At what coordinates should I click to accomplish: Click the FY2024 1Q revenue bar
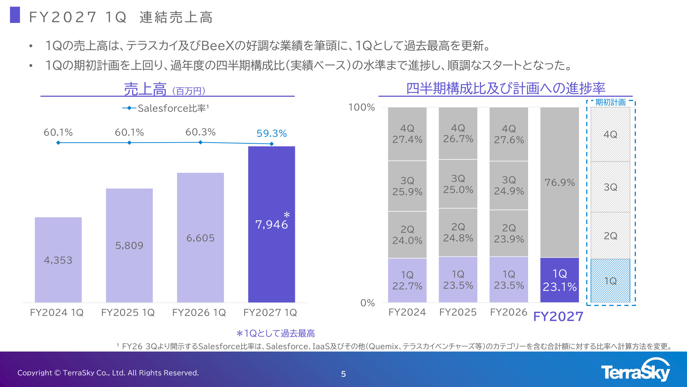click(58, 259)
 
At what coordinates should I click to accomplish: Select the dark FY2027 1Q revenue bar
click(272, 224)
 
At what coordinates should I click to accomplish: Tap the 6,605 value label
click(200, 238)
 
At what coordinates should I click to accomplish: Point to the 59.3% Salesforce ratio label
click(272, 133)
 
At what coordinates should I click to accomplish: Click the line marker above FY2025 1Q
click(130, 143)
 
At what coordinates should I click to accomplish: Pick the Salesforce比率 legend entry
click(166, 108)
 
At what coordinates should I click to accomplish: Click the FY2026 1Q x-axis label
click(199, 312)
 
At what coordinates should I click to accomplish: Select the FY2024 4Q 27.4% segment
click(407, 134)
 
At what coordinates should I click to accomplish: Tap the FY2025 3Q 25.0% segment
click(458, 184)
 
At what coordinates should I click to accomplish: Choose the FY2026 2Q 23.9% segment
click(509, 233)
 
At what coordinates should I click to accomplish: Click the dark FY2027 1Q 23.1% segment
click(560, 280)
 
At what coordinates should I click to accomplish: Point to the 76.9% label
click(560, 182)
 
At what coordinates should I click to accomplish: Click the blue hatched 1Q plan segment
click(610, 281)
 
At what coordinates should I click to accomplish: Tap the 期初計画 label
click(610, 102)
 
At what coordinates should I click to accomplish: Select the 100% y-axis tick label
click(361, 107)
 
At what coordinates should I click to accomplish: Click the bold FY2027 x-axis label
click(558, 316)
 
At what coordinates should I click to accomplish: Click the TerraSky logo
click(635, 370)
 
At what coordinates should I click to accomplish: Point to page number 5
click(343, 374)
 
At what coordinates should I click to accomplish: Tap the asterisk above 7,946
click(287, 215)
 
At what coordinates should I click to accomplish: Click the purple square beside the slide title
click(15, 15)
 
